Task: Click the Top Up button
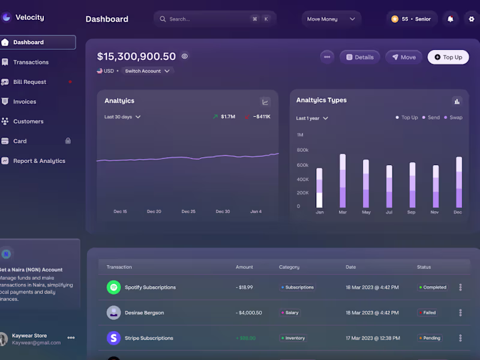click(448, 57)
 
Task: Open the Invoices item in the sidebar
click(25, 101)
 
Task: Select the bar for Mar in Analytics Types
click(343, 181)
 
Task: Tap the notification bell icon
click(450, 19)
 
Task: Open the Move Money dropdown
click(331, 19)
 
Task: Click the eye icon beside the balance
click(185, 56)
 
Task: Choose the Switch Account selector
click(147, 71)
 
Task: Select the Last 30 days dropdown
click(122, 117)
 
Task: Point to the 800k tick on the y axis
click(302, 150)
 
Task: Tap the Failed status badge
click(427, 313)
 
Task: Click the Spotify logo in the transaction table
click(113, 287)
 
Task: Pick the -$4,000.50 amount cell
click(250, 313)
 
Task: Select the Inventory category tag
click(293, 338)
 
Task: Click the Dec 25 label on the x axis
click(188, 211)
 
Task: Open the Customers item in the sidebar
click(28, 121)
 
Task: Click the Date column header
click(351, 267)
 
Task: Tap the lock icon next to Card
click(68, 141)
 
